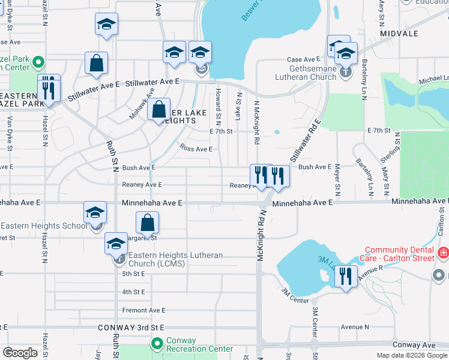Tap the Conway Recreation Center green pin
pyautogui.click(x=157, y=344)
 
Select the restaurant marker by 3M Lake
pyautogui.click(x=345, y=277)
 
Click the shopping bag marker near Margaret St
pyautogui.click(x=148, y=223)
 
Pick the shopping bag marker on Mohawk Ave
pyautogui.click(x=158, y=110)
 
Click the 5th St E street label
pyautogui.click(x=134, y=274)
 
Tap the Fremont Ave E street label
pyautogui.click(x=143, y=310)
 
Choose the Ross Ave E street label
pyautogui.click(x=196, y=149)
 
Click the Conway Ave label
pyautogui.click(x=414, y=345)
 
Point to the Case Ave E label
pyautogui.click(x=303, y=59)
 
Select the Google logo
pyautogui.click(x=20, y=352)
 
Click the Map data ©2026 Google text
pyautogui.click(x=411, y=355)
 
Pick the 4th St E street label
pyautogui.click(x=134, y=292)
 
